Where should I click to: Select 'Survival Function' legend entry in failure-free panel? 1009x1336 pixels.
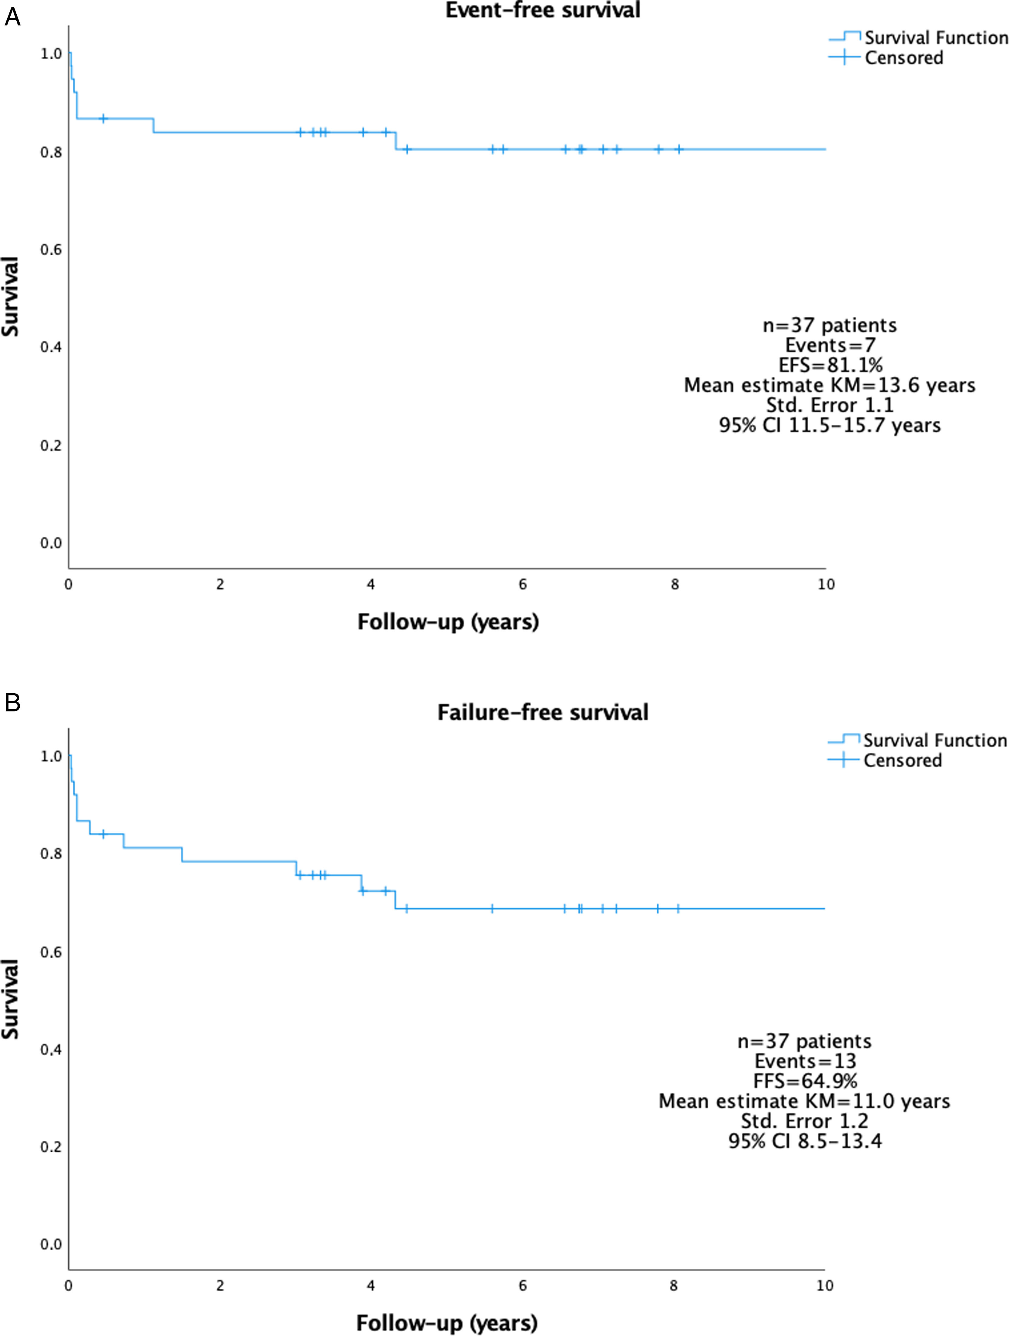tap(935, 741)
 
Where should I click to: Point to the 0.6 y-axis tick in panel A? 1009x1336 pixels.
tap(51, 249)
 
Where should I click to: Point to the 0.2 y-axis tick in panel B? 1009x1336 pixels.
tap(51, 1147)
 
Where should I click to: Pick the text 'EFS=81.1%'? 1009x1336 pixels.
tap(830, 365)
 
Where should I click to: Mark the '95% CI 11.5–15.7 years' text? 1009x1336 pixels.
tap(830, 425)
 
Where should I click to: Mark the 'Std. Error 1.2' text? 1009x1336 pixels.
tap(805, 1121)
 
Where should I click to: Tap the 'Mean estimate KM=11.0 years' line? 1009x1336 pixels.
tap(804, 1101)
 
